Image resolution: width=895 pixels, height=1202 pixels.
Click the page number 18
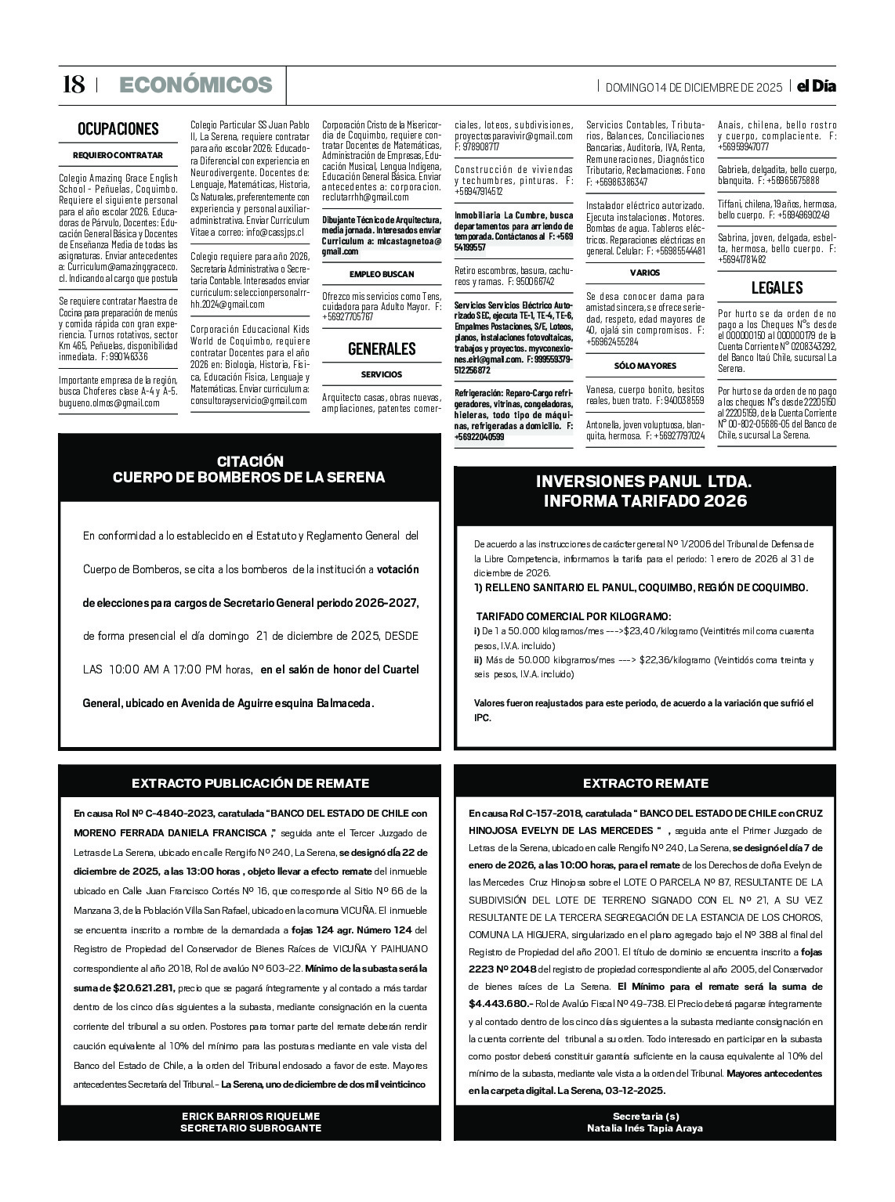(73, 85)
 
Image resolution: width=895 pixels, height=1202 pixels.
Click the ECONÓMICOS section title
(195, 85)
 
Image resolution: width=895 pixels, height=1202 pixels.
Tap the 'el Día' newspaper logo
(816, 86)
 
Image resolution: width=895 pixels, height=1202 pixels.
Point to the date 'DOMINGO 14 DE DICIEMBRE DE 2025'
(694, 87)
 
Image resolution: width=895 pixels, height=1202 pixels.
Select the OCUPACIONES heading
(118, 129)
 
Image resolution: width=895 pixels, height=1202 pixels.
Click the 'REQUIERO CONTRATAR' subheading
(118, 155)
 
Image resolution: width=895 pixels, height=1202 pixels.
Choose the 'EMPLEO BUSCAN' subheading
(382, 274)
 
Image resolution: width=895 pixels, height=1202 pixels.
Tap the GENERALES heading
(382, 349)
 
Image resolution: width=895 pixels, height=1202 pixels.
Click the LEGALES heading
(777, 287)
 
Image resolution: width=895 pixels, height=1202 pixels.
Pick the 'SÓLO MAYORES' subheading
(645, 366)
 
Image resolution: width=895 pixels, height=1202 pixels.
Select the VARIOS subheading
(645, 273)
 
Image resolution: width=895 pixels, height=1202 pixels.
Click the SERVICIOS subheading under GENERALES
(382, 374)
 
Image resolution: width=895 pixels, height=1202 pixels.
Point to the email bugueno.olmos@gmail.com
(109, 403)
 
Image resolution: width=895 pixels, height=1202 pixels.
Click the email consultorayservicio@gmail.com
(249, 400)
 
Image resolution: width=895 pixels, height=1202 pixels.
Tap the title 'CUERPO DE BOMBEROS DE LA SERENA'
(249, 477)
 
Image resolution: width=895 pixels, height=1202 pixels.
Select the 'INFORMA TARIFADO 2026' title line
(644, 501)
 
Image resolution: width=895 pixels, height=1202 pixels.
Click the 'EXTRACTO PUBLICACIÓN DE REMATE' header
(250, 783)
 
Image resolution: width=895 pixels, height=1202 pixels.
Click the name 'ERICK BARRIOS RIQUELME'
(250, 1116)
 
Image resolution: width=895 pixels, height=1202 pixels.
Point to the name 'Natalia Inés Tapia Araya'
(644, 1128)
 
